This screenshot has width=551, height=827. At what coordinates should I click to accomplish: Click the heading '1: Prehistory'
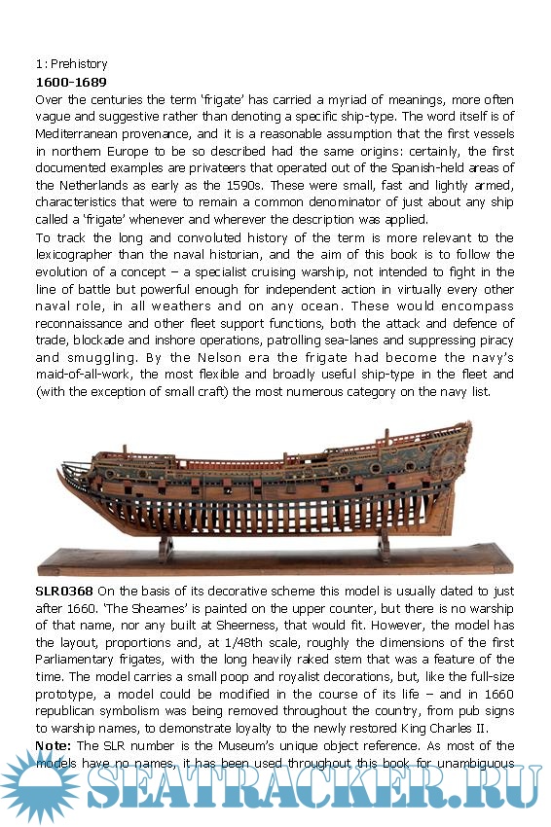click(71, 64)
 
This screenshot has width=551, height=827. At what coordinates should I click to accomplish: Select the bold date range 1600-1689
click(71, 82)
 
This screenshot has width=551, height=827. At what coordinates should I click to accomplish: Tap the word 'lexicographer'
click(80, 258)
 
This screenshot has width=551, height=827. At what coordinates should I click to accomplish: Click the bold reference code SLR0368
click(64, 591)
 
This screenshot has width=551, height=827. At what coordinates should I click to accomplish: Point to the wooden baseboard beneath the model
click(273, 561)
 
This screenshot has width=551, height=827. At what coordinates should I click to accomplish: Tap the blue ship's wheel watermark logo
click(37, 785)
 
